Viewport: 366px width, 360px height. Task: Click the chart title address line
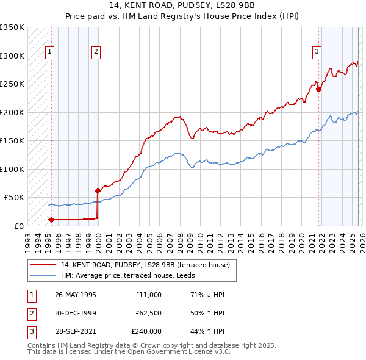click(183, 7)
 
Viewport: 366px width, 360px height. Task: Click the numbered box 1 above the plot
click(49, 52)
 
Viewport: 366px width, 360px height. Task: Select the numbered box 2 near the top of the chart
click(96, 52)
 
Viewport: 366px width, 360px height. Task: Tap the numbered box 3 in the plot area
click(317, 52)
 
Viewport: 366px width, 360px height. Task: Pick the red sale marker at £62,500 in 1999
click(98, 190)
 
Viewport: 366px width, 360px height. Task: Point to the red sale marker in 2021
click(318, 89)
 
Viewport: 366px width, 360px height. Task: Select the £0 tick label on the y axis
click(18, 226)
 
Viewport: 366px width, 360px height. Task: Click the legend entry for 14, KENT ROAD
click(145, 265)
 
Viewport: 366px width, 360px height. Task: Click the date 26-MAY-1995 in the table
click(76, 295)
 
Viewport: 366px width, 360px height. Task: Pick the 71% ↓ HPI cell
click(207, 295)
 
